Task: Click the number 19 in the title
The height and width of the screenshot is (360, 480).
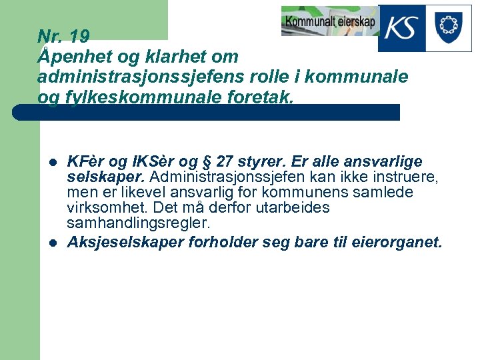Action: click(x=79, y=36)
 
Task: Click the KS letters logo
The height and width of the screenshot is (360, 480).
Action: click(x=402, y=29)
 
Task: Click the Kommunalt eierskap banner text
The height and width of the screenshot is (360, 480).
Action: click(x=329, y=21)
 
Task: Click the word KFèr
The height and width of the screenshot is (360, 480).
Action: click(x=87, y=163)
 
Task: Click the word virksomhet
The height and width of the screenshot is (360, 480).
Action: click(x=99, y=208)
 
